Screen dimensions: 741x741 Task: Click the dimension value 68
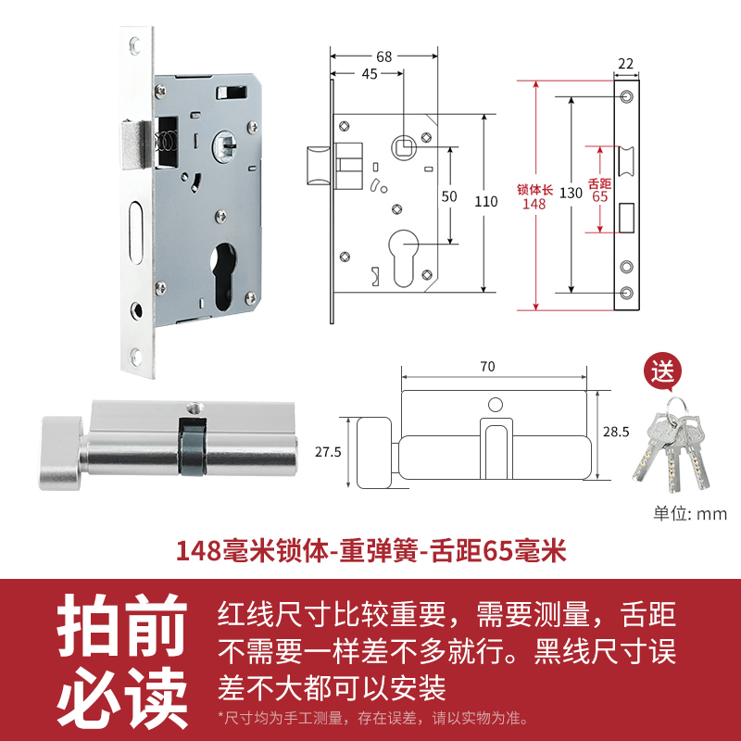click(x=384, y=57)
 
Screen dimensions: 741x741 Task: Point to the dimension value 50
click(x=449, y=196)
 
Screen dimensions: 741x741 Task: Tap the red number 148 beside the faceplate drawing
click(x=534, y=204)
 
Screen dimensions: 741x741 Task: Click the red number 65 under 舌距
click(x=599, y=196)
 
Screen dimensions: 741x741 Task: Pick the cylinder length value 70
click(x=487, y=366)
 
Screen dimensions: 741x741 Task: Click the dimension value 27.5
click(x=329, y=452)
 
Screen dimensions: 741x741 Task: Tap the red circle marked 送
click(x=663, y=373)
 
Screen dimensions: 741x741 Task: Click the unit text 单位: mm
click(x=690, y=514)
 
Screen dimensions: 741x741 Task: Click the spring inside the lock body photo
click(x=166, y=144)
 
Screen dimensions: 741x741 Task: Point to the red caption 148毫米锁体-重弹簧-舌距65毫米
click(x=370, y=552)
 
